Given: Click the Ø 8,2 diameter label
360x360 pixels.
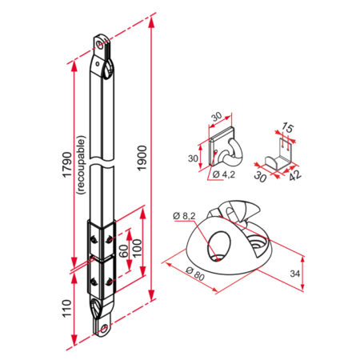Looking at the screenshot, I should (186, 216).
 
